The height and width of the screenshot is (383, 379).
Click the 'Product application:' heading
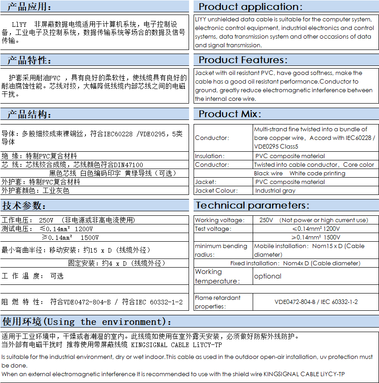[250, 7]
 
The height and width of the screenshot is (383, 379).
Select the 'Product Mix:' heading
[230, 114]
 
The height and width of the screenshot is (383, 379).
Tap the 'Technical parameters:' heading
[252, 205]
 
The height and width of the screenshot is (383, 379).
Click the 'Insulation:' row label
[209, 156]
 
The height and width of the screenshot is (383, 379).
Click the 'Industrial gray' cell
[275, 190]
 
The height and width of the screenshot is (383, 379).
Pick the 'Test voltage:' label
[213, 229]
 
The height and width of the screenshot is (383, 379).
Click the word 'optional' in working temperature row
[268, 276]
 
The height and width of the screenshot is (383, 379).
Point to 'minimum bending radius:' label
[222, 250]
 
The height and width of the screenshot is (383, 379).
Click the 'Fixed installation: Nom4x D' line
[295, 263]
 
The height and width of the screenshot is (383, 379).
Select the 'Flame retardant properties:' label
[218, 302]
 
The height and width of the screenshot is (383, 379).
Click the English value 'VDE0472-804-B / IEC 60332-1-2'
[316, 302]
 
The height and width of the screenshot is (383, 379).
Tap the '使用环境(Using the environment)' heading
[87, 322]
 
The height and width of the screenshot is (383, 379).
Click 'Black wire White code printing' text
[299, 173]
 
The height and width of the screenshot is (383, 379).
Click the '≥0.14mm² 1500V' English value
[316, 237]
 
